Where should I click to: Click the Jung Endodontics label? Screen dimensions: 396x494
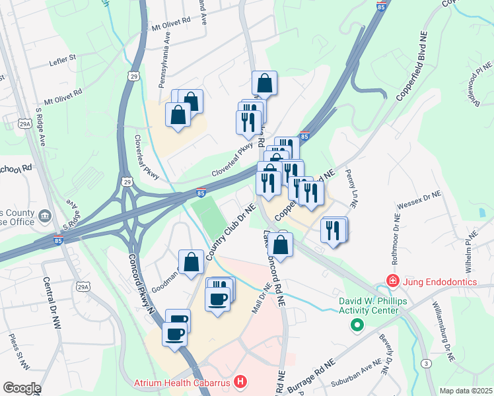440,282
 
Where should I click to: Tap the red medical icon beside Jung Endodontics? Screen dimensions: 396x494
393,282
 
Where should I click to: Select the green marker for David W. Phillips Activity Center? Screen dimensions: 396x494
357,324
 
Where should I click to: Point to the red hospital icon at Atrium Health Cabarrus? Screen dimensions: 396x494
241,381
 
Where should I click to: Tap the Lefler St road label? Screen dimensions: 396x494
63,61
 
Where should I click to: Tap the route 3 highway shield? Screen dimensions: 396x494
428,364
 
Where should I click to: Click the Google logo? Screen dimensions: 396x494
21,388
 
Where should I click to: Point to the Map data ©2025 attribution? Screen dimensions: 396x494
466,391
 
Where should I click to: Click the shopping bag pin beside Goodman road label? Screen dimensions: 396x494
191,261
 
